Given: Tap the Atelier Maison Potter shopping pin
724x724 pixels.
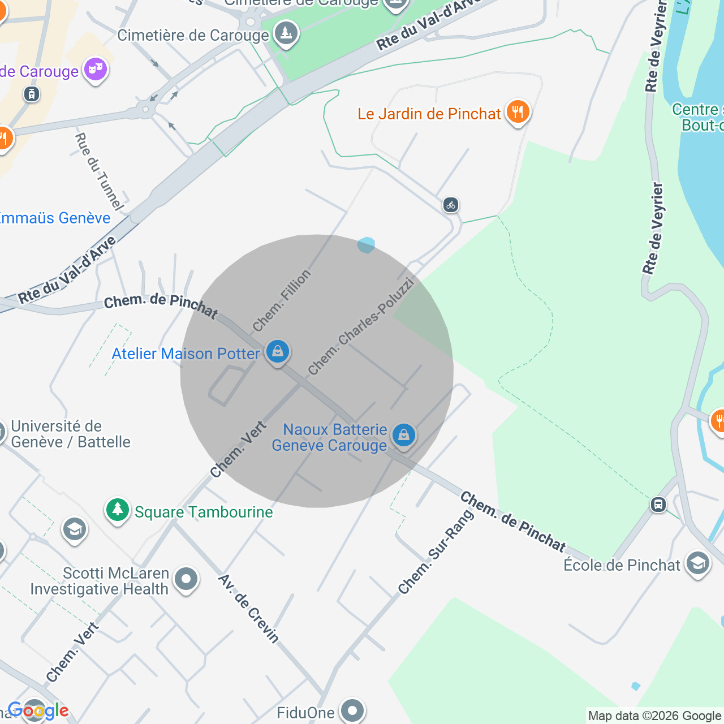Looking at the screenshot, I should click(x=277, y=352).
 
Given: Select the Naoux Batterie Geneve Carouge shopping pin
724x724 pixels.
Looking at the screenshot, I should click(x=403, y=436).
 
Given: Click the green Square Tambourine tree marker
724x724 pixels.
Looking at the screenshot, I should click(x=117, y=510).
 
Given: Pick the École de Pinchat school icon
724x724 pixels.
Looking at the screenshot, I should click(x=697, y=563).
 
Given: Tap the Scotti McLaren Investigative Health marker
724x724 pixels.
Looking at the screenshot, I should click(x=186, y=579).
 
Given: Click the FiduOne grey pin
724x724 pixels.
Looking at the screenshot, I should click(x=352, y=710).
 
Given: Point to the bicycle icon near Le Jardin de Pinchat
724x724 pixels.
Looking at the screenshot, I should click(x=451, y=205).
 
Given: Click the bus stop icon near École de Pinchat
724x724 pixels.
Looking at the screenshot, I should click(x=658, y=504).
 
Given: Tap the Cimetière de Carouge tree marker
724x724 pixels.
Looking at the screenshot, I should click(x=286, y=33).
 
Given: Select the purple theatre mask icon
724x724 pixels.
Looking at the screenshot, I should click(x=96, y=70).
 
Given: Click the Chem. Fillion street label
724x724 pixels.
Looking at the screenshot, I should click(x=282, y=300).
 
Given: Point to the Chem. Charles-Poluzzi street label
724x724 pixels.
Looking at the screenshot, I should click(x=361, y=326).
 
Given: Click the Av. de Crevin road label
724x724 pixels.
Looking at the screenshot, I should click(x=249, y=609).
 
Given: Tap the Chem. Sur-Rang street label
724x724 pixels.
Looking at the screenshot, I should click(x=436, y=552).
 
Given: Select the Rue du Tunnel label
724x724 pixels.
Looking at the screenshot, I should click(x=98, y=170).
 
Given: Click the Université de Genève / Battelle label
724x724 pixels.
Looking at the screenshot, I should click(x=71, y=434).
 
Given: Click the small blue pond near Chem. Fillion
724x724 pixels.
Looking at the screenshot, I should click(x=366, y=245).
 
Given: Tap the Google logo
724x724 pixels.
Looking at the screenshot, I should click(x=38, y=710).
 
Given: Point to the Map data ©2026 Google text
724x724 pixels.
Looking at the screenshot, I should click(x=654, y=716).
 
